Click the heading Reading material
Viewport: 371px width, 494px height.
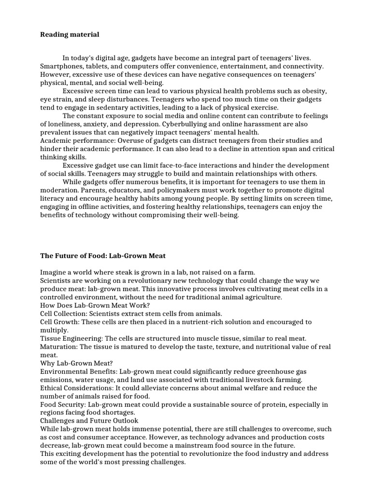pyautogui.click(x=70, y=35)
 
